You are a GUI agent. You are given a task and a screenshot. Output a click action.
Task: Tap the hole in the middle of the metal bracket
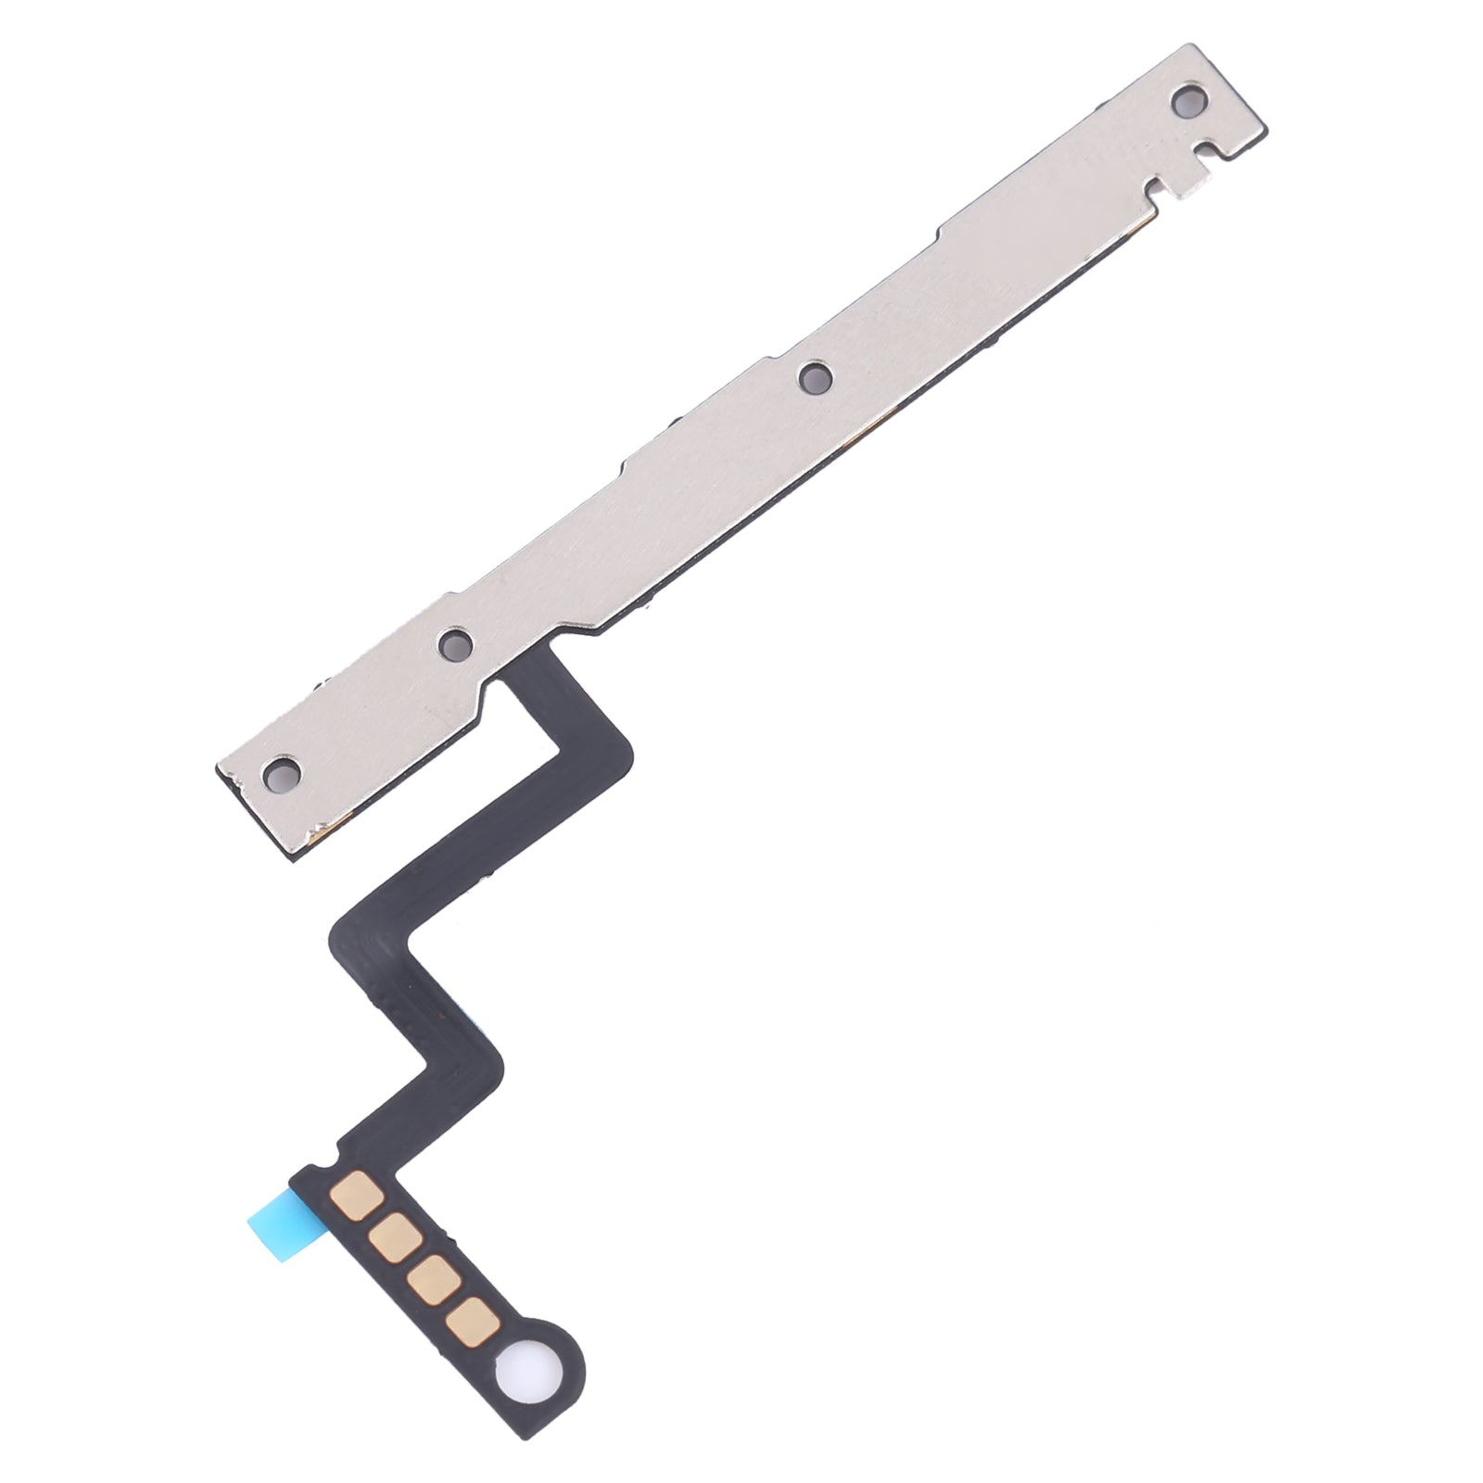[815, 376]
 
